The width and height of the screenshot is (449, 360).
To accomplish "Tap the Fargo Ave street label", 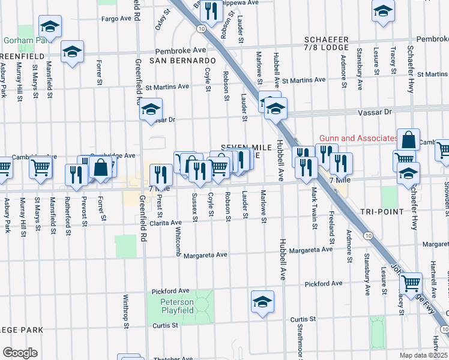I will coord(116,19).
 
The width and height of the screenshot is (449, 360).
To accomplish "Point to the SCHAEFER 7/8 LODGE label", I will coord(327,43).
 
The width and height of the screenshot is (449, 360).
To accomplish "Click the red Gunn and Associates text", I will coord(358,138).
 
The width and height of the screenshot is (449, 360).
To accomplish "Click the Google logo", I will coord(20,352).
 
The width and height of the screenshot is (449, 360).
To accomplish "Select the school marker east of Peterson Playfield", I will coord(262,302).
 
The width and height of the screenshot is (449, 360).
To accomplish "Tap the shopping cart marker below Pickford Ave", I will coord(411,282).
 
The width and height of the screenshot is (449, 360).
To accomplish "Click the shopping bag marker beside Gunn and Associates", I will coord(408,140).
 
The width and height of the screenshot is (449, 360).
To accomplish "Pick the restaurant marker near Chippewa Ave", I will coord(210,10).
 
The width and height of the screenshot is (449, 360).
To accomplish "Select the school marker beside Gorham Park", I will coord(50,27).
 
